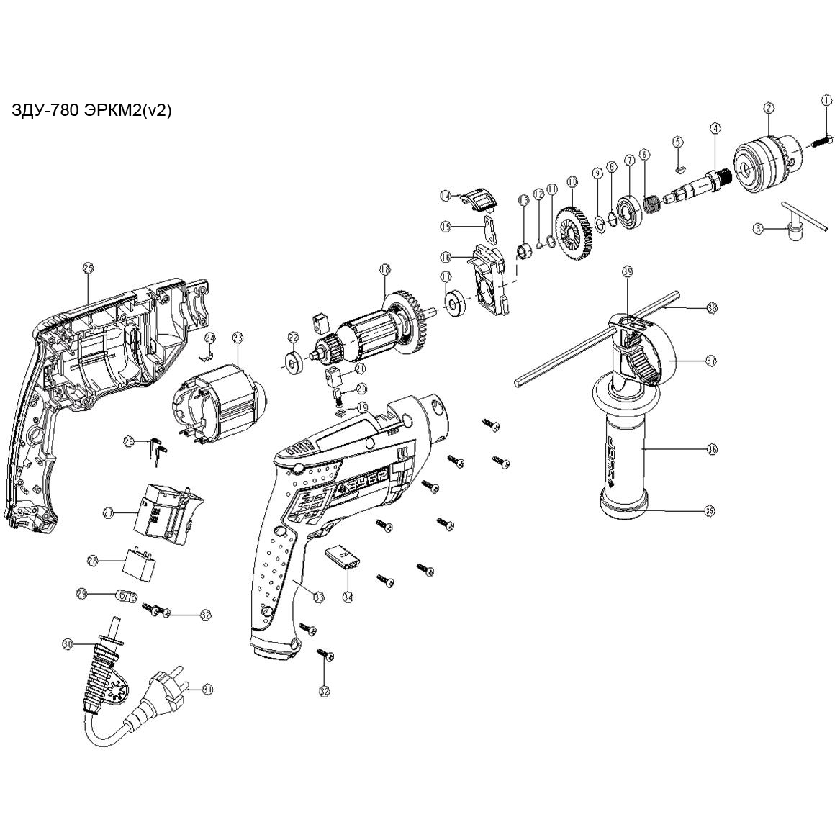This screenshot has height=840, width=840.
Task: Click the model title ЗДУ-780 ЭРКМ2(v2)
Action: [x=91, y=111]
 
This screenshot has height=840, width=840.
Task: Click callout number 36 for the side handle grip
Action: [x=712, y=449]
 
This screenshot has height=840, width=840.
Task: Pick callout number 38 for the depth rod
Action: [x=712, y=307]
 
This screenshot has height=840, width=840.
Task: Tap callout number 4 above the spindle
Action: [x=715, y=129]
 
